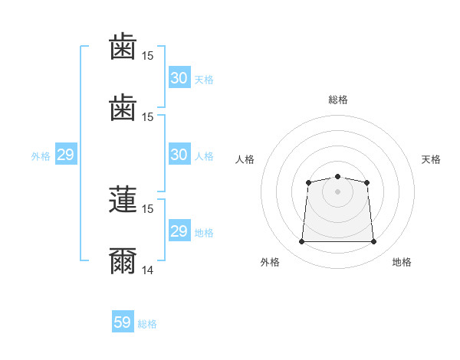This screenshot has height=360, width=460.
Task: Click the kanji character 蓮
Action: pyautogui.click(x=123, y=199)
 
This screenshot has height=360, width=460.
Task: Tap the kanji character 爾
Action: pyautogui.click(x=123, y=262)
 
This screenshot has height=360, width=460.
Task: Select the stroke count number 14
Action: pyautogui.click(x=148, y=270)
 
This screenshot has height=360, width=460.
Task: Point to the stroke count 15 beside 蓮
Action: pyautogui.click(x=148, y=208)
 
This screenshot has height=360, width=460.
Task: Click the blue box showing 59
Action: pyautogui.click(x=123, y=322)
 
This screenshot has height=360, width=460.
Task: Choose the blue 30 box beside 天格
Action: pyautogui.click(x=179, y=78)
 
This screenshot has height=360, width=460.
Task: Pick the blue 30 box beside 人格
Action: pyautogui.click(x=179, y=155)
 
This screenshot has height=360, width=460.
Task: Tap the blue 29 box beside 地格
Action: pyautogui.click(x=179, y=231)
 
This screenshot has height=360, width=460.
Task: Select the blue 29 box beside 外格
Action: pyautogui.click(x=65, y=155)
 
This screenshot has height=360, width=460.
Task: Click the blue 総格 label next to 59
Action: pyautogui.click(x=147, y=324)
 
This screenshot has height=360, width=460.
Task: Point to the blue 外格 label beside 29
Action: pyautogui.click(x=41, y=156)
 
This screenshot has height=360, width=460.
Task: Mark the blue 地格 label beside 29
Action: pyautogui.click(x=204, y=233)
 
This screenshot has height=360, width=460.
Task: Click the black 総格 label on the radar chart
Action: pyautogui.click(x=338, y=100)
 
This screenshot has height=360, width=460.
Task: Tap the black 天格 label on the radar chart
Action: pyautogui.click(x=432, y=159)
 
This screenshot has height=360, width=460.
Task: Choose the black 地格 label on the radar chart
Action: pyautogui.click(x=402, y=262)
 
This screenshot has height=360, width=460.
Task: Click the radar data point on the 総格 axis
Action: pyautogui.click(x=337, y=177)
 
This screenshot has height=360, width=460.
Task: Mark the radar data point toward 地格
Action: pyautogui.click(x=373, y=242)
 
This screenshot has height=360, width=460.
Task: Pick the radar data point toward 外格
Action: pyautogui.click(x=301, y=242)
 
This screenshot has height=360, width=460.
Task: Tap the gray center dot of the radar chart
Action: pyautogui.click(x=337, y=191)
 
